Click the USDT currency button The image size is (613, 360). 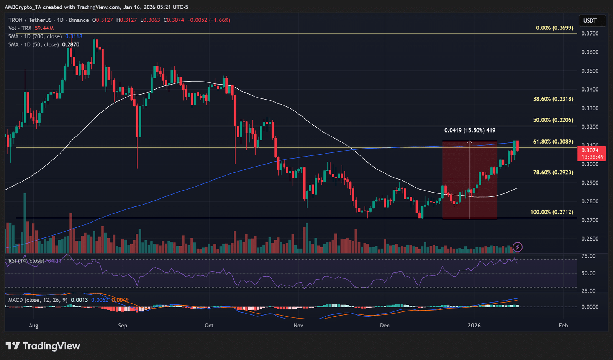pos(590,21)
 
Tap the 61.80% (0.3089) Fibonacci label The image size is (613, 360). pos(553,142)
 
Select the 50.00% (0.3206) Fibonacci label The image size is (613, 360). pos(553,120)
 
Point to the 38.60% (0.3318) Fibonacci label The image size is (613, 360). pos(553,99)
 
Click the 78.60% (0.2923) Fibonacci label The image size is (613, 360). pos(553,172)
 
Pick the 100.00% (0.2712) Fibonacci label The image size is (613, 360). pos(551,212)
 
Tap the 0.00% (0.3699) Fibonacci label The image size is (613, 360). pos(554,28)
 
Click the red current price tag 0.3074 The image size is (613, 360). pos(592,153)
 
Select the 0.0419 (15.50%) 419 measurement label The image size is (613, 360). pos(469,130)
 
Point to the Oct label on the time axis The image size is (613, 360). pos(209,326)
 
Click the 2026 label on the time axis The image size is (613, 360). pos(474,326)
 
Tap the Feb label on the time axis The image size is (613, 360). pos(563,326)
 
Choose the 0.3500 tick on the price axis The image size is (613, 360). pos(590,71)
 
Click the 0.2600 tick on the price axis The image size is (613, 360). pos(590,239)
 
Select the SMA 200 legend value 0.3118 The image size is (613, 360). pos(74,36)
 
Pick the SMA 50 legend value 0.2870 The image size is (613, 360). pos(71,44)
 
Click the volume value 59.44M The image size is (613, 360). pos(44,28)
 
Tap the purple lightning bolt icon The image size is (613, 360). pos(517,247)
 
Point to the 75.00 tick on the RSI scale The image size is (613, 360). pos(588,256)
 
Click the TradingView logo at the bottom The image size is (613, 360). pos(43,346)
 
